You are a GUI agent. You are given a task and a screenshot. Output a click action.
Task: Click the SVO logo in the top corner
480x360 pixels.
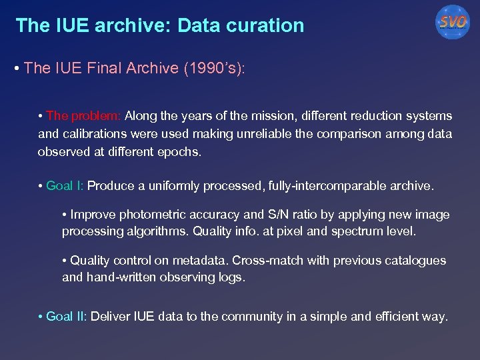pos(453,23)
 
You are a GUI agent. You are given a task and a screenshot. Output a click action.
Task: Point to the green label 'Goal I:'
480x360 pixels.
pos(65,186)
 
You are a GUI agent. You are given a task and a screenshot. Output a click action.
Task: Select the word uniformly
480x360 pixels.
pos(175,186)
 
